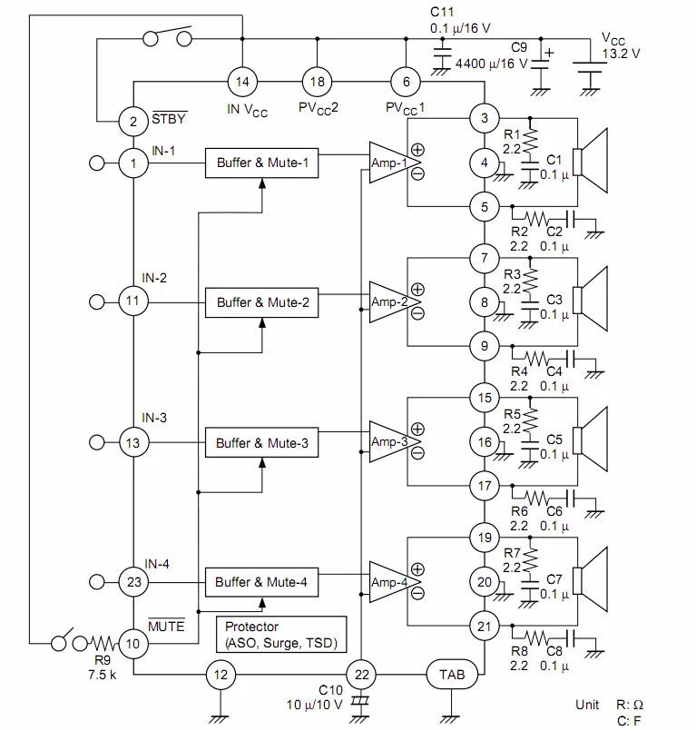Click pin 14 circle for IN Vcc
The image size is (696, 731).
(x=242, y=82)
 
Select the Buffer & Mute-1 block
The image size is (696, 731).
(x=262, y=163)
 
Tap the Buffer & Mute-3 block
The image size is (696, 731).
(x=262, y=443)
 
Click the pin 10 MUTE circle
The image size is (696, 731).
(x=133, y=643)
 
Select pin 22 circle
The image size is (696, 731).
(x=362, y=675)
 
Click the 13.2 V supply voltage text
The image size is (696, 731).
(x=622, y=54)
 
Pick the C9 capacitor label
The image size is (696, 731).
(x=519, y=47)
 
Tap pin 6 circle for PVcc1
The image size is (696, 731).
(x=406, y=82)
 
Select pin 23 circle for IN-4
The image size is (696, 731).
(x=133, y=582)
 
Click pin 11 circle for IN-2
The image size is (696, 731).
(x=133, y=301)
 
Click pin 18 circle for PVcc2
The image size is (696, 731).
(x=317, y=82)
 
